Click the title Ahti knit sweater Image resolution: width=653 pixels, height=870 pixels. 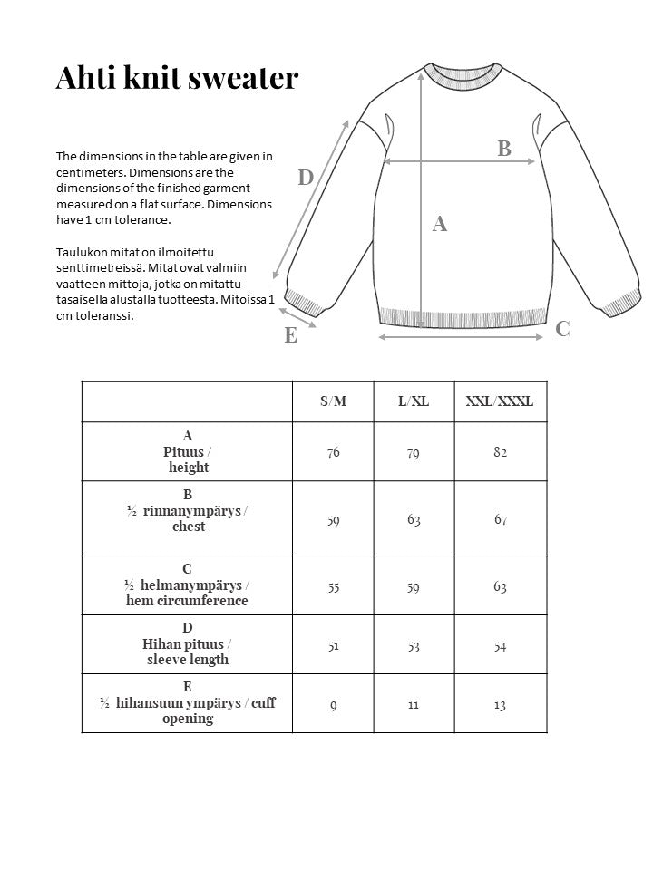pyautogui.click(x=177, y=78)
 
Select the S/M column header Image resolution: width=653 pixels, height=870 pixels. pyautogui.click(x=333, y=401)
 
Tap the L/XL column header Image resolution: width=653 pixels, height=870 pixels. pyautogui.click(x=414, y=401)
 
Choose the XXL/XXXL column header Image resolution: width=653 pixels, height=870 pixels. pyautogui.click(x=500, y=401)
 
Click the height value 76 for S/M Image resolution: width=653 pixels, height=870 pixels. pyautogui.click(x=334, y=452)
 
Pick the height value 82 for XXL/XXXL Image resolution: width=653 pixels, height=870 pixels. pyautogui.click(x=500, y=451)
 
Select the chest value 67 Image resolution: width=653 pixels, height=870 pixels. pyautogui.click(x=500, y=519)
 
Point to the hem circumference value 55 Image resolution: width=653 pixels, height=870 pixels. pyautogui.click(x=334, y=586)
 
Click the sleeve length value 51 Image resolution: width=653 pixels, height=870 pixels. pyautogui.click(x=334, y=645)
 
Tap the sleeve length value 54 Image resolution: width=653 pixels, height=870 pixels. pyautogui.click(x=500, y=645)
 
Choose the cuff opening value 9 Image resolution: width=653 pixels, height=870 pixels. pyautogui.click(x=334, y=704)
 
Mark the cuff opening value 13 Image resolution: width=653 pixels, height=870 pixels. pyautogui.click(x=500, y=704)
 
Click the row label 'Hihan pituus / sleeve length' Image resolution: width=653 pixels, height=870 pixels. pyautogui.click(x=188, y=644)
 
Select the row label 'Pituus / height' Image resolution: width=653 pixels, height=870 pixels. pyautogui.click(x=188, y=451)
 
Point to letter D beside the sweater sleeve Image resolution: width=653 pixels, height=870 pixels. pyautogui.click(x=306, y=179)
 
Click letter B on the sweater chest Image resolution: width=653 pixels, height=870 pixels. pyautogui.click(x=504, y=149)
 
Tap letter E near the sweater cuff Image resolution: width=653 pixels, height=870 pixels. pyautogui.click(x=290, y=335)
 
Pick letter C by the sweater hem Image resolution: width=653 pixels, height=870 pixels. pyautogui.click(x=562, y=329)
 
